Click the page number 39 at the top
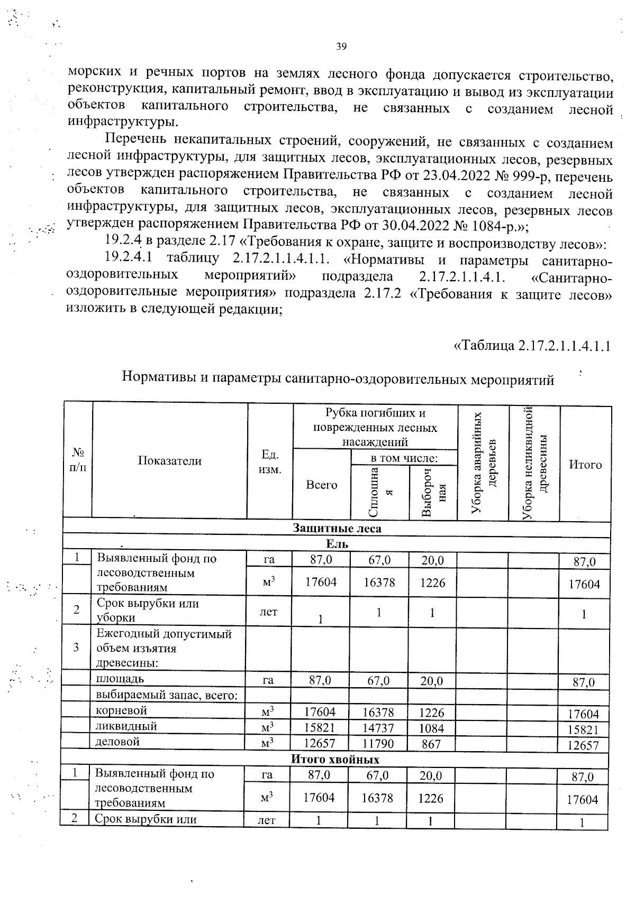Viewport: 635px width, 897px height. (x=341, y=47)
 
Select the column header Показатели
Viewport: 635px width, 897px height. (x=169, y=461)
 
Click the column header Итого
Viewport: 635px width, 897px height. (x=585, y=465)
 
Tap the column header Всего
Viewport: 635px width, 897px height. (x=321, y=485)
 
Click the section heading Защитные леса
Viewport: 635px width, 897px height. (x=337, y=528)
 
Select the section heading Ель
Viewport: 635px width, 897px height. (x=337, y=544)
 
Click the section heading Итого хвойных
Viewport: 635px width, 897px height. (x=335, y=760)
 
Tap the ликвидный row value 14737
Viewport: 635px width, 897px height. (x=379, y=728)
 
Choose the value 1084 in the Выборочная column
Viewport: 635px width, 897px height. (x=432, y=728)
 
